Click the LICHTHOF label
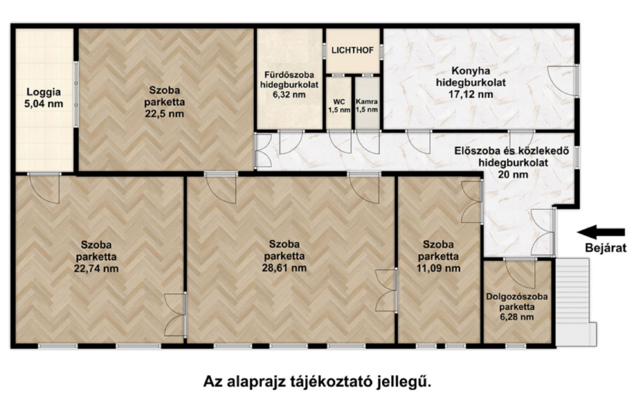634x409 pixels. pyautogui.click(x=352, y=51)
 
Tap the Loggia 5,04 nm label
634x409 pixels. pyautogui.click(x=44, y=98)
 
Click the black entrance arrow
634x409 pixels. pyautogui.click(x=601, y=232)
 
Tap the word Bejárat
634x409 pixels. pyautogui.click(x=606, y=248)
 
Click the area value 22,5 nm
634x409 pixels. pyautogui.click(x=165, y=114)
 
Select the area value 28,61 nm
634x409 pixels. pyautogui.click(x=284, y=268)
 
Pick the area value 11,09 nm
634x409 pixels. pyautogui.click(x=439, y=268)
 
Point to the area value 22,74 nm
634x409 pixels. pyautogui.click(x=96, y=269)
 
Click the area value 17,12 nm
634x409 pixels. pyautogui.click(x=471, y=95)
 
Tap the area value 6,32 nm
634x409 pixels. pyautogui.click(x=289, y=95)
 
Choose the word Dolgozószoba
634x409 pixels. pyautogui.click(x=517, y=296)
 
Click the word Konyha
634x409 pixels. pyautogui.click(x=471, y=71)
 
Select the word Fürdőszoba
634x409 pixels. pyautogui.click(x=289, y=75)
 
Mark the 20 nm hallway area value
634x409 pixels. pyautogui.click(x=513, y=175)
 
